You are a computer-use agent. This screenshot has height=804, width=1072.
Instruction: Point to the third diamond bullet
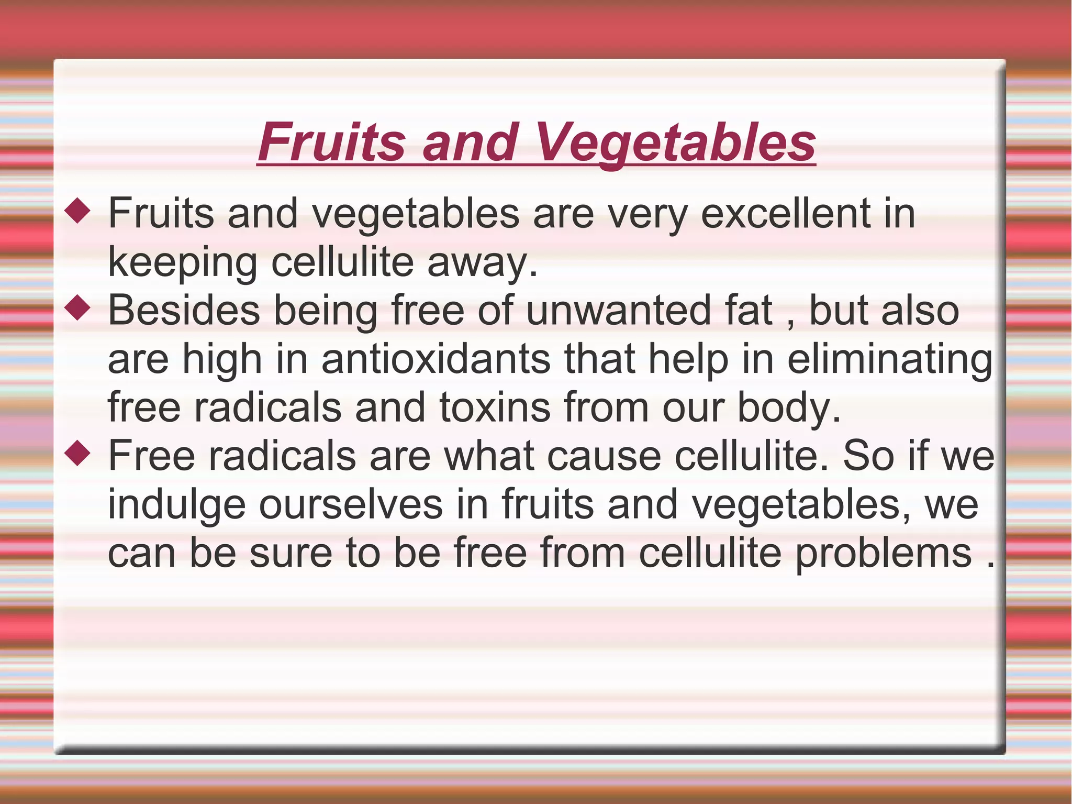tap(77, 454)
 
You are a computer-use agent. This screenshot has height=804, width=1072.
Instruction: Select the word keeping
tap(183, 263)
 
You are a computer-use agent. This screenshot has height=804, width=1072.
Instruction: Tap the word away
tap(482, 263)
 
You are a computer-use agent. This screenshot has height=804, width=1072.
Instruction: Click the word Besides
tap(184, 310)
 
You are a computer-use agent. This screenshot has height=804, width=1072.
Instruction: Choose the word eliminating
tap(889, 360)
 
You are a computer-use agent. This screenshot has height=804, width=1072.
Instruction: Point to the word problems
tap(884, 554)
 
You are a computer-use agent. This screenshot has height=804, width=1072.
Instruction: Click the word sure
tap(291, 553)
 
